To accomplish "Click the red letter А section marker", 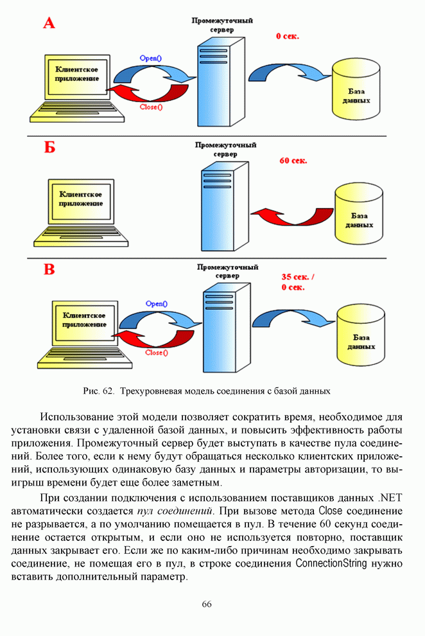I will pyautogui.click(x=49, y=24).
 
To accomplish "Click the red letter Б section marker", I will pyautogui.click(x=49, y=148).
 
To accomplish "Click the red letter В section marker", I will pyautogui.click(x=49, y=269).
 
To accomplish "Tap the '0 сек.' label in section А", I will pyautogui.click(x=288, y=37).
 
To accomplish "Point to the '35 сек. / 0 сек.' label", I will pyautogui.click(x=298, y=282).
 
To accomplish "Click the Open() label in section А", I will pyautogui.click(x=150, y=58).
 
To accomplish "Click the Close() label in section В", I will pyautogui.click(x=157, y=352).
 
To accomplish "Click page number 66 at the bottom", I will pyautogui.click(x=207, y=604).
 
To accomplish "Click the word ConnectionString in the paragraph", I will pyautogui.click(x=331, y=563).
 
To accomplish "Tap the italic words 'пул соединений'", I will pyautogui.click(x=175, y=511).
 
